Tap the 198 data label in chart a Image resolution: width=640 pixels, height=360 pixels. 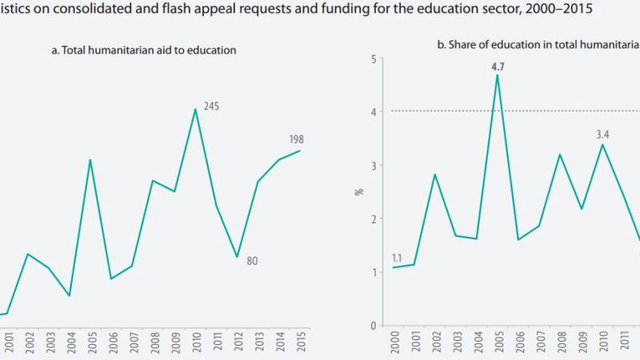tap(296, 139)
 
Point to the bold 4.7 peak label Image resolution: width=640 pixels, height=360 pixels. tap(498, 67)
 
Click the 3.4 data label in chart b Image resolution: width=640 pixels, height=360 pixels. tap(603, 135)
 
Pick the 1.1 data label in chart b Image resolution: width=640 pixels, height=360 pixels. tap(398, 258)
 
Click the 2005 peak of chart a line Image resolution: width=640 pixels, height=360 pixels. tap(90, 159)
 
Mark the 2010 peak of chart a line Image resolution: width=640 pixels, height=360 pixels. tap(195, 109)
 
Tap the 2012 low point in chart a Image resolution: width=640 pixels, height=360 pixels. tap(237, 257)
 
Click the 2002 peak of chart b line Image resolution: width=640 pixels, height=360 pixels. tap(434, 174)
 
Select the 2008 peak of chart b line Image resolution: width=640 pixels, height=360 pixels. tap(560, 154)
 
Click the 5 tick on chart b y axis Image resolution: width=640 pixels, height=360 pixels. tap(373, 59)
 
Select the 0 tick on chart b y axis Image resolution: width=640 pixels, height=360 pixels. tap(373, 326)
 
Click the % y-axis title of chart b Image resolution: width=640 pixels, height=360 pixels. tap(359, 192)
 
